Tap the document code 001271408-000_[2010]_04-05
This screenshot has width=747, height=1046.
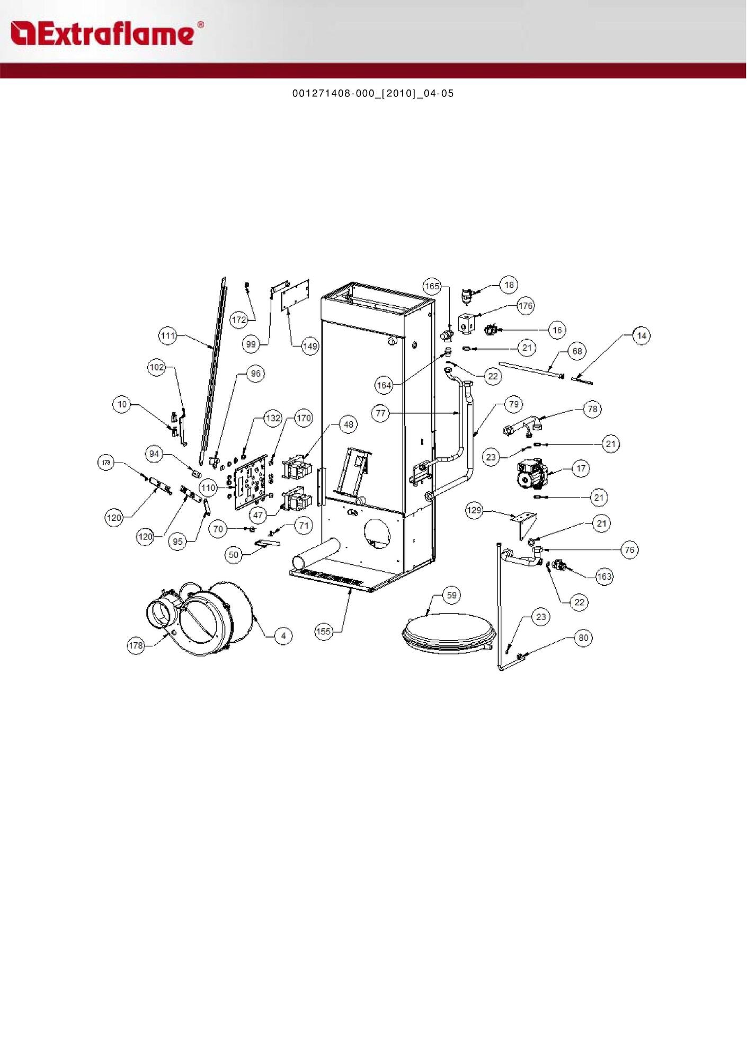pos(373,94)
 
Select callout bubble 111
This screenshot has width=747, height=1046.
pos(168,335)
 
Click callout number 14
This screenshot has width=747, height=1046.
pos(642,335)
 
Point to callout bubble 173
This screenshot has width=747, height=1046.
pos(106,463)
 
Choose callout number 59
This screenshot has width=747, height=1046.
pos(451,595)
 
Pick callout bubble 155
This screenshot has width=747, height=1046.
pos(323,631)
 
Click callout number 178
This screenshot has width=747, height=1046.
pos(136,645)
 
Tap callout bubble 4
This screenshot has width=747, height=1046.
pos(283,635)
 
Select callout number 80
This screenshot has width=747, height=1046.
pos(583,637)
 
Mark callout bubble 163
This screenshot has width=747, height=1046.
pos(604,576)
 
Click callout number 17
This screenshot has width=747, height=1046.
pos(581,468)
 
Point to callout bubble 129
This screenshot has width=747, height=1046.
pos(474,510)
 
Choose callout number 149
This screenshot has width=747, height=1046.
pos(310,346)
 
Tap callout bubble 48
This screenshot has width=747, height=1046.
pos(348,424)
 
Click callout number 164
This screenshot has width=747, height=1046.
pos(384,385)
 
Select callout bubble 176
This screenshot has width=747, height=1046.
pos(525,306)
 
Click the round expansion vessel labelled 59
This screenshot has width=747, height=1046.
pos(449,631)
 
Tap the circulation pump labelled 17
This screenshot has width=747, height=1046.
pos(532,473)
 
